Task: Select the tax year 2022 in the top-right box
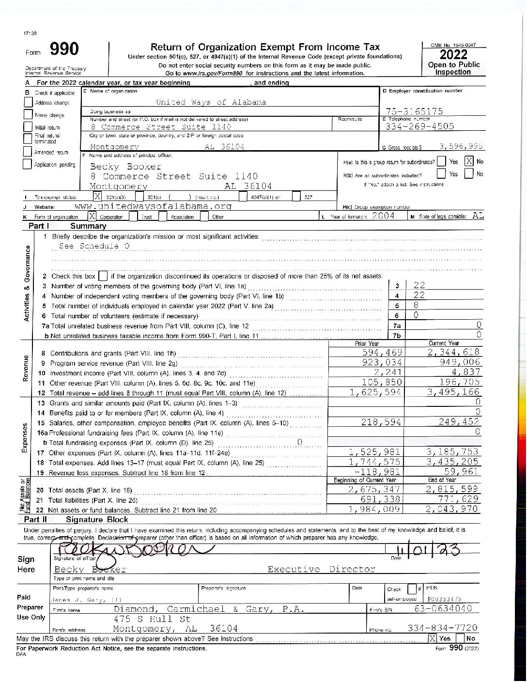click(453, 54)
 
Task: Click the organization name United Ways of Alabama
click(211, 102)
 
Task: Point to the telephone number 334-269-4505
click(419, 126)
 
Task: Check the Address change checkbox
click(28, 103)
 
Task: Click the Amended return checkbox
click(28, 152)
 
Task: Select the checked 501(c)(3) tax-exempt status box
click(98, 197)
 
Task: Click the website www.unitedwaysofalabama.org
click(154, 206)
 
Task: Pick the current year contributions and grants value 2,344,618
click(453, 352)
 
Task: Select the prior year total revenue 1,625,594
click(376, 392)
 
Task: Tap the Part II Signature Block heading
click(97, 519)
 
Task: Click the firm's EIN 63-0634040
click(444, 608)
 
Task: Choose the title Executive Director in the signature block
click(321, 569)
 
